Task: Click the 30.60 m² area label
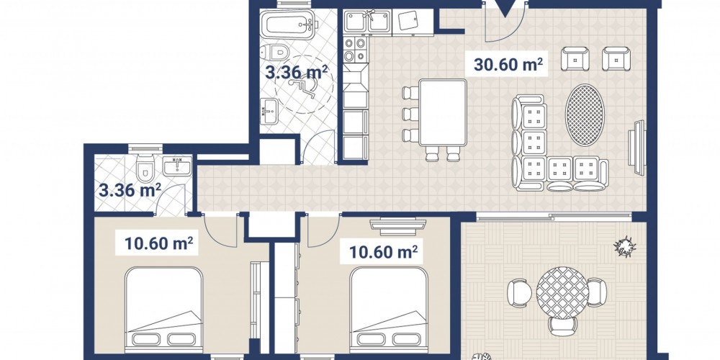(508, 64)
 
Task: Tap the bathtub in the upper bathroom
(289, 24)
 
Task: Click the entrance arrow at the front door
(505, 9)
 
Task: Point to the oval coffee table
(585, 114)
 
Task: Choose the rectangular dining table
(443, 112)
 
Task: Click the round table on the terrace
(562, 294)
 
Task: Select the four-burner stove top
(356, 50)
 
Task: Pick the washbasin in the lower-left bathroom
(177, 166)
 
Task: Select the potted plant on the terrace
(625, 247)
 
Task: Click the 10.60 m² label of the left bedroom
(158, 243)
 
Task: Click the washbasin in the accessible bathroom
(269, 111)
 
